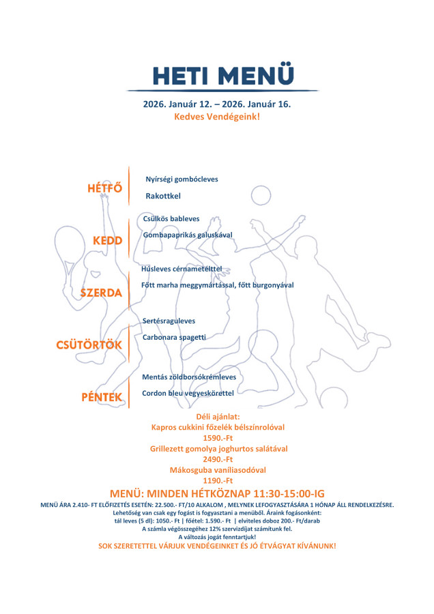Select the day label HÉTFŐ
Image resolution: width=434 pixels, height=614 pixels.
[x=104, y=188]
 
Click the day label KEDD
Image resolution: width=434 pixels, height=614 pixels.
[x=107, y=241]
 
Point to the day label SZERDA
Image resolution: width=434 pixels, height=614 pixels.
[x=101, y=293]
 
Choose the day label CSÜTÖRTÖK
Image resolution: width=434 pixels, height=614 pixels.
[x=89, y=345]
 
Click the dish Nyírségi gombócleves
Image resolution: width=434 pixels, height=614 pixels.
[x=182, y=179]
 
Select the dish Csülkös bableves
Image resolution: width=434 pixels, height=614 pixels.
[x=171, y=218]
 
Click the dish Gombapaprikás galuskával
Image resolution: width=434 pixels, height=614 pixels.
[x=188, y=235]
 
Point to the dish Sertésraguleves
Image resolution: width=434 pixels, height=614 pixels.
[x=169, y=320]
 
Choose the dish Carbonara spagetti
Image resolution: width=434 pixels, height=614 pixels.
[x=174, y=337]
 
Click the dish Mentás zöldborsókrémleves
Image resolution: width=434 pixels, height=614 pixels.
[x=189, y=377]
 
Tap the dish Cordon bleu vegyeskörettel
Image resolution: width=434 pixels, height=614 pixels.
[x=188, y=393]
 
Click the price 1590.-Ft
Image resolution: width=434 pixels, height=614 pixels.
[x=218, y=438]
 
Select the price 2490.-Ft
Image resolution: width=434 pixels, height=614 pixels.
[x=218, y=459]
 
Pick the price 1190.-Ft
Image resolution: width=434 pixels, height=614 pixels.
[x=218, y=480]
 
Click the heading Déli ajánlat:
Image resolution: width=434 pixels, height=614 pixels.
[x=218, y=416]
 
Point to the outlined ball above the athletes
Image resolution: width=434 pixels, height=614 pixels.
[x=261, y=195]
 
